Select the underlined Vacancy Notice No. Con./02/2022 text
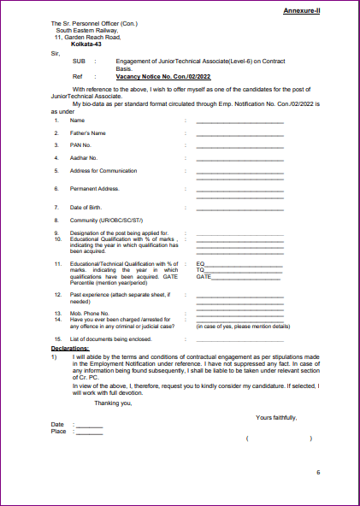pyautogui.click(x=163, y=76)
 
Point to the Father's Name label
pyautogui.click(x=88, y=133)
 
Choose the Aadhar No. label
pyautogui.click(x=84, y=158)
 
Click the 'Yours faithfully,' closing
pyautogui.click(x=276, y=416)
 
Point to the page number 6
pyautogui.click(x=317, y=473)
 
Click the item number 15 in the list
pyautogui.click(x=56, y=339)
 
